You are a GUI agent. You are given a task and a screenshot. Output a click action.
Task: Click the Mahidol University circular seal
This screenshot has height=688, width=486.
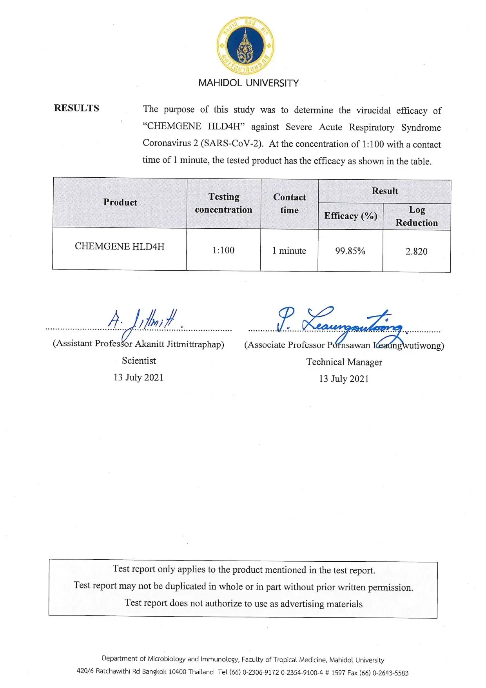(245, 45)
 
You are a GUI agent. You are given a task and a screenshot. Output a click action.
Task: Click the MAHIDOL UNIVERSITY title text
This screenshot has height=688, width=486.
(248, 83)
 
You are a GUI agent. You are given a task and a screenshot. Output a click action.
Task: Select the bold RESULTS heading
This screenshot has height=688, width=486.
(76, 108)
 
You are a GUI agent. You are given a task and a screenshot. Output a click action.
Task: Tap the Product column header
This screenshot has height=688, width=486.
(120, 202)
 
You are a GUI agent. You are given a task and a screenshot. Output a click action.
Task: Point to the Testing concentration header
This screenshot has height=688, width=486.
(223, 203)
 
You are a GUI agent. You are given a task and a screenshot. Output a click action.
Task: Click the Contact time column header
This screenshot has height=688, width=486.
(289, 204)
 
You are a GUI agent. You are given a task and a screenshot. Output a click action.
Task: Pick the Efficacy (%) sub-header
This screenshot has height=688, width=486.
(350, 216)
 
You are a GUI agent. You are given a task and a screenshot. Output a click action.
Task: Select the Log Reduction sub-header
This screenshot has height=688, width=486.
(417, 217)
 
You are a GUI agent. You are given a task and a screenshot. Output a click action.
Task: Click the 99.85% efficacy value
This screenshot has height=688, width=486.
(350, 251)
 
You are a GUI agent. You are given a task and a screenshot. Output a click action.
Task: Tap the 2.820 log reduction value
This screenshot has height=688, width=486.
(416, 251)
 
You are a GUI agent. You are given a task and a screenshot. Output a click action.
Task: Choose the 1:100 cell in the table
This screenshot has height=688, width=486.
(223, 250)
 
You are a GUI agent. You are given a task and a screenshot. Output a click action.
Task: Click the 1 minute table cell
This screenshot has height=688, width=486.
(289, 251)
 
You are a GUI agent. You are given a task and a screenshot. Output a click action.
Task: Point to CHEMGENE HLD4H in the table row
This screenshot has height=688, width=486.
(120, 246)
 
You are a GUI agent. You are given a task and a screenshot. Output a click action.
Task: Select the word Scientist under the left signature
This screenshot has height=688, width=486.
(139, 361)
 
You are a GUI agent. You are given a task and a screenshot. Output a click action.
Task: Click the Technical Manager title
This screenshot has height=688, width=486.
(344, 362)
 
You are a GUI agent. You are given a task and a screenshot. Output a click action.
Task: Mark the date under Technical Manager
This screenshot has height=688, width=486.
(344, 379)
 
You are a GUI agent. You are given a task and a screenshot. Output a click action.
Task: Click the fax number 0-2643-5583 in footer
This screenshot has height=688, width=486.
(390, 673)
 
